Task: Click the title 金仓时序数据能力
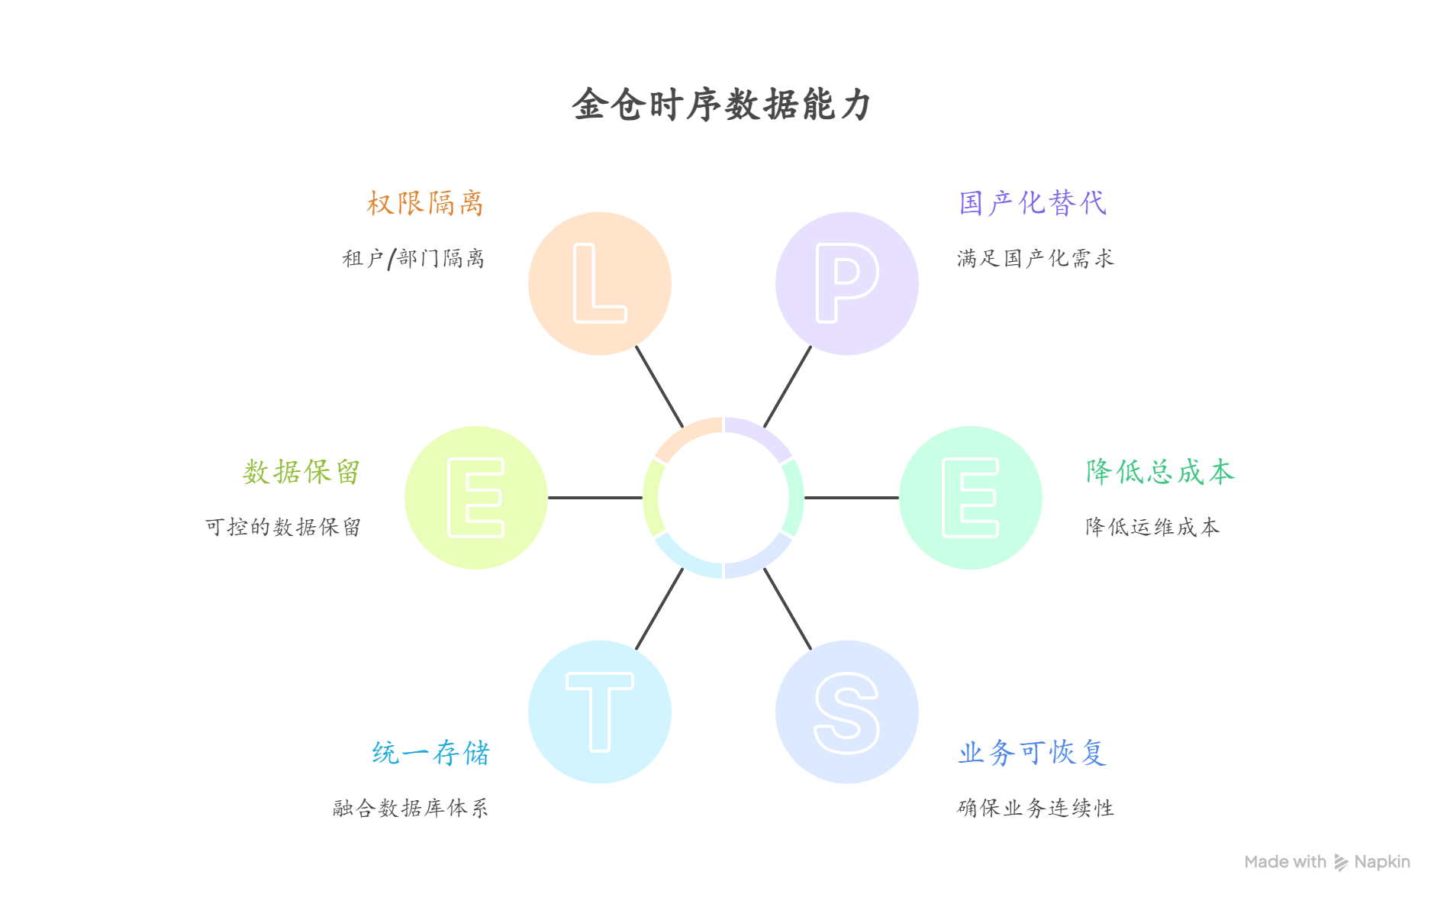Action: [721, 105]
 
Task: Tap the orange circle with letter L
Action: [599, 283]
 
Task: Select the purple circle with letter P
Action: [846, 283]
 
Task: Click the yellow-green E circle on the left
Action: [475, 498]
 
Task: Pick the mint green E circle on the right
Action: [970, 498]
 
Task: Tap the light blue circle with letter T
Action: [599, 712]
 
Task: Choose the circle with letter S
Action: [846, 712]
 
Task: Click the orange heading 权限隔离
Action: [424, 203]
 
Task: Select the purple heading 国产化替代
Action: [1032, 203]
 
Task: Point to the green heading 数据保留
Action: [301, 472]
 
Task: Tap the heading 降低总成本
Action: [1159, 472]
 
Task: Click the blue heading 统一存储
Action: [430, 753]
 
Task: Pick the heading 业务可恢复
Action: [1032, 753]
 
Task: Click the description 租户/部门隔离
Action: [413, 259]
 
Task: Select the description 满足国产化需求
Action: [1035, 259]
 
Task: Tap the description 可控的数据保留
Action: [282, 527]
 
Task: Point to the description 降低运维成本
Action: [1152, 527]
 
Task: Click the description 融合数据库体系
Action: [410, 808]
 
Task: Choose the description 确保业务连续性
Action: [1035, 808]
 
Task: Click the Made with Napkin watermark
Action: [1326, 862]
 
